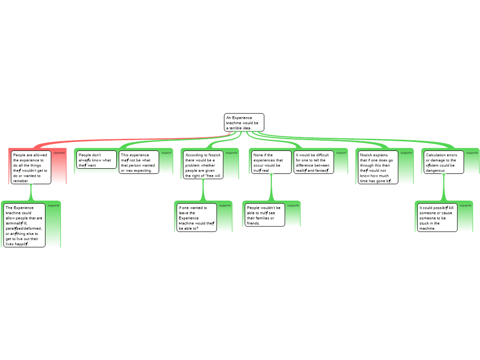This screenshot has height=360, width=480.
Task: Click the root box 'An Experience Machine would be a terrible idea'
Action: [x=244, y=122]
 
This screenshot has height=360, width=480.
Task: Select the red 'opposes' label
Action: [x=59, y=153]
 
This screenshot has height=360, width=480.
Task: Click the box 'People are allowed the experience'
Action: [x=30, y=167]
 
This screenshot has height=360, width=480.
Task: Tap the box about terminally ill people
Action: [x=24, y=225]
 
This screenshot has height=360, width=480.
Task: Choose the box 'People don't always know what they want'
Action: [x=96, y=159]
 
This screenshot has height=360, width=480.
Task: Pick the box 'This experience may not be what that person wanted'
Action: [x=139, y=162]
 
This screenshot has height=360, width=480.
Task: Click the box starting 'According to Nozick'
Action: [x=203, y=165]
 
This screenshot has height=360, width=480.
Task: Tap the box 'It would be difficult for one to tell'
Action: [x=314, y=162]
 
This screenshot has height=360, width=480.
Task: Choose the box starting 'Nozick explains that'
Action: [x=378, y=167]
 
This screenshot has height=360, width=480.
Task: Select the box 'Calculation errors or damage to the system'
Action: [x=443, y=162]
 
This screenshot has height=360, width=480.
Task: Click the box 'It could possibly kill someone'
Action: [x=437, y=217]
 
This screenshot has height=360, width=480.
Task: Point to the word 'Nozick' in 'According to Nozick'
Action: [x=215, y=155]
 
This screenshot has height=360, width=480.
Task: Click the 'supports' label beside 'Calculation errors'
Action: [x=472, y=152]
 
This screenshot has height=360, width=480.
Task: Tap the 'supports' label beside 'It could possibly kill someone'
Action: [x=465, y=205]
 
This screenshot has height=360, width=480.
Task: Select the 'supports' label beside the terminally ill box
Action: [x=53, y=205]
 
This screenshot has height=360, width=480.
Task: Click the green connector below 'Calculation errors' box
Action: [x=443, y=187]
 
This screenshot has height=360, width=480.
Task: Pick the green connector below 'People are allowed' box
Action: [x=31, y=193]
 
